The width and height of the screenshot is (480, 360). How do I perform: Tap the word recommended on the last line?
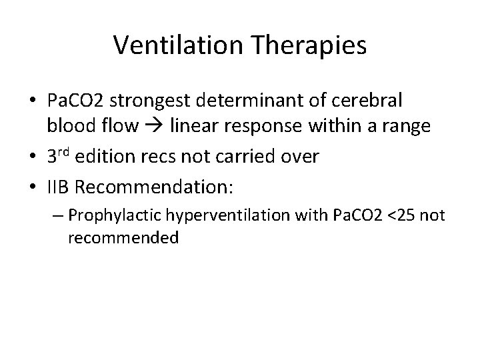click(x=123, y=238)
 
